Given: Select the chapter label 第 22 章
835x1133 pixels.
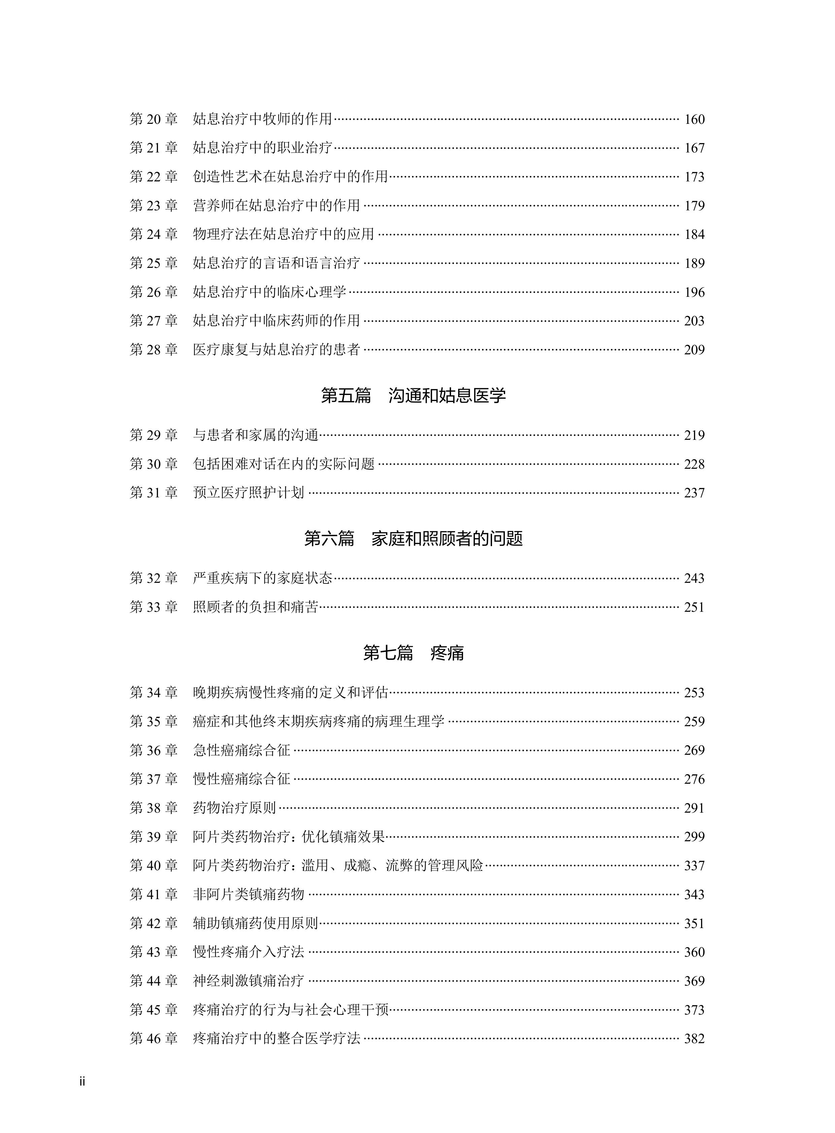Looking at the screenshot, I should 154,177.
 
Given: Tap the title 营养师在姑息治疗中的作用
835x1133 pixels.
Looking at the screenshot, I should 276,206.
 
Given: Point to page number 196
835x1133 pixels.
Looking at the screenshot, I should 694,292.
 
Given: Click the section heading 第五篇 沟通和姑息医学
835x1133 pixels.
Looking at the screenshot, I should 413,396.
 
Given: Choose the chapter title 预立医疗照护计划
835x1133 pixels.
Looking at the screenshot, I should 249,493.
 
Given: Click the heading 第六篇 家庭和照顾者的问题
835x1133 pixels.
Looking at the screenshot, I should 413,539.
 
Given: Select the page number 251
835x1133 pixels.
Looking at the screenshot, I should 694,607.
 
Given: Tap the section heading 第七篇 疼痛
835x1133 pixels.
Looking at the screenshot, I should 413,653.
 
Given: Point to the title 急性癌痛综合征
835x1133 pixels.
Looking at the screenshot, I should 242,750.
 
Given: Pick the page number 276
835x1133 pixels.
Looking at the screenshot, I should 694,779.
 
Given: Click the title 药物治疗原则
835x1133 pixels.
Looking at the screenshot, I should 235,808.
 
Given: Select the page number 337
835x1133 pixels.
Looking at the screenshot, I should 694,866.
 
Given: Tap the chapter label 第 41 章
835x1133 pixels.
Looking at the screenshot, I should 154,894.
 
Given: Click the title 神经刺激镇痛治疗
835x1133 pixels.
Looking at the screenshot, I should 249,981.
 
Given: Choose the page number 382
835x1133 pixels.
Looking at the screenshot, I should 694,1038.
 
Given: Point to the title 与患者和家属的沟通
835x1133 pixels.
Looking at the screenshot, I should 256,435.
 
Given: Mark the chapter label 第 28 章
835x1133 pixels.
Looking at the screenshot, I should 154,350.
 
